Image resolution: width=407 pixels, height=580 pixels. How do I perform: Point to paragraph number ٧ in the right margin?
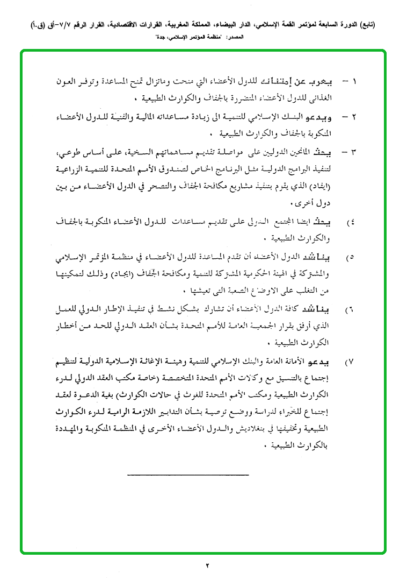(x=351, y=362)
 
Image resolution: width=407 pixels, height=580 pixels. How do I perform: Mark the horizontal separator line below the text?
(x=188, y=474)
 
